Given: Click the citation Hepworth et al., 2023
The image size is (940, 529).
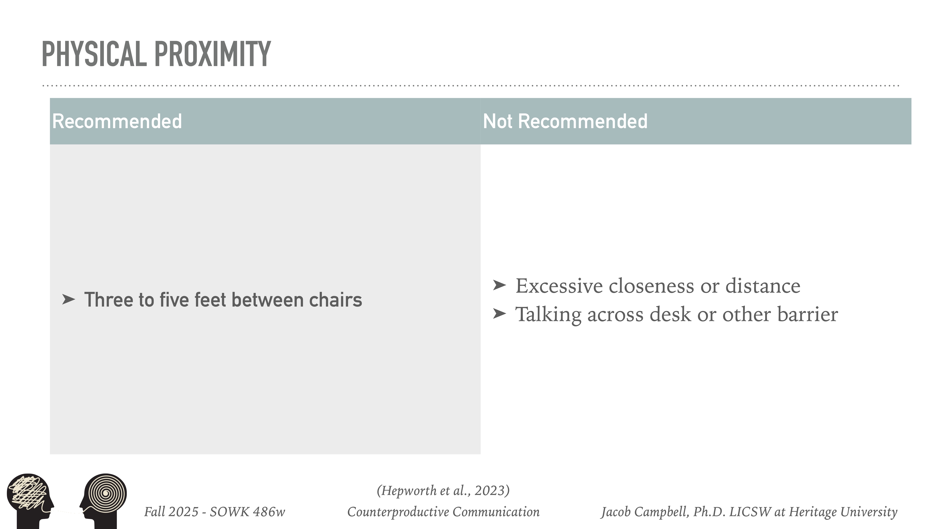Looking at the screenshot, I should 443,490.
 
